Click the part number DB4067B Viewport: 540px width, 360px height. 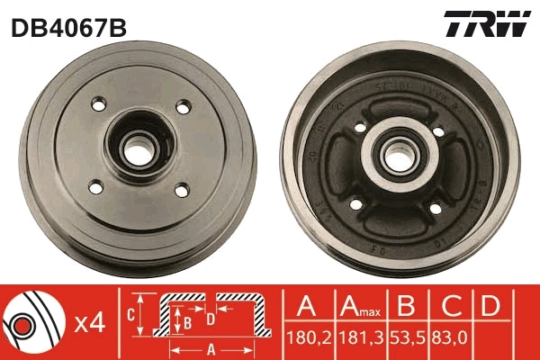68,27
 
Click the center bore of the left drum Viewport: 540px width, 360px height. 136,147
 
